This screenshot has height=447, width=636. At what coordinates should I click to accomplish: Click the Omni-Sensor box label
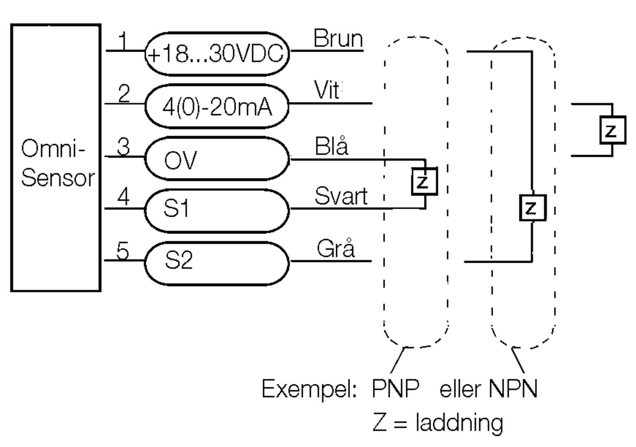pyautogui.click(x=57, y=163)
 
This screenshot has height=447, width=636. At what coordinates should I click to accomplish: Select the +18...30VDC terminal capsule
pyautogui.click(x=217, y=54)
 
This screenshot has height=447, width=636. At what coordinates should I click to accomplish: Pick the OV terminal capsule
pyautogui.click(x=217, y=159)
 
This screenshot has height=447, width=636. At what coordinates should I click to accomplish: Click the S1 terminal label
pyautogui.click(x=176, y=209)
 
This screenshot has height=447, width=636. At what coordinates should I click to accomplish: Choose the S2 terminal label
pyautogui.click(x=179, y=260)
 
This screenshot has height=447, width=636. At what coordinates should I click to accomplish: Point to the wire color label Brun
pyautogui.click(x=338, y=39)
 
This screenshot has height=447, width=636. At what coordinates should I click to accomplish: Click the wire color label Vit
pyautogui.click(x=327, y=90)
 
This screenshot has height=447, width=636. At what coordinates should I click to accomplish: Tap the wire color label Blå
pyautogui.click(x=332, y=147)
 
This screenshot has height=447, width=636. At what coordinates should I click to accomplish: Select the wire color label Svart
pyautogui.click(x=341, y=197)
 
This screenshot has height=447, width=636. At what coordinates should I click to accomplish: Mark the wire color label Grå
pyautogui.click(x=335, y=249)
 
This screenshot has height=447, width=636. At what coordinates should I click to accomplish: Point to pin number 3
pyautogui.click(x=123, y=147)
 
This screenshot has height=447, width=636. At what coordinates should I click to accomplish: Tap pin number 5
pyautogui.click(x=123, y=250)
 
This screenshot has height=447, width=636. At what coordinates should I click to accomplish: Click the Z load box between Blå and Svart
pyautogui.click(x=424, y=182)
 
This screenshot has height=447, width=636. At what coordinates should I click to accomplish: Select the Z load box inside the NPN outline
pyautogui.click(x=532, y=208)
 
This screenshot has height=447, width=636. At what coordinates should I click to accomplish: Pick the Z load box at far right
pyautogui.click(x=612, y=130)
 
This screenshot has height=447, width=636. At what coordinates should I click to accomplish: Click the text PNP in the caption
pyautogui.click(x=395, y=388)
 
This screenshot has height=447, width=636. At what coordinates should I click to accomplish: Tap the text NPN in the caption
pyautogui.click(x=513, y=388)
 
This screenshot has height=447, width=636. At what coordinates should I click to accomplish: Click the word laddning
pyautogui.click(x=460, y=423)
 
